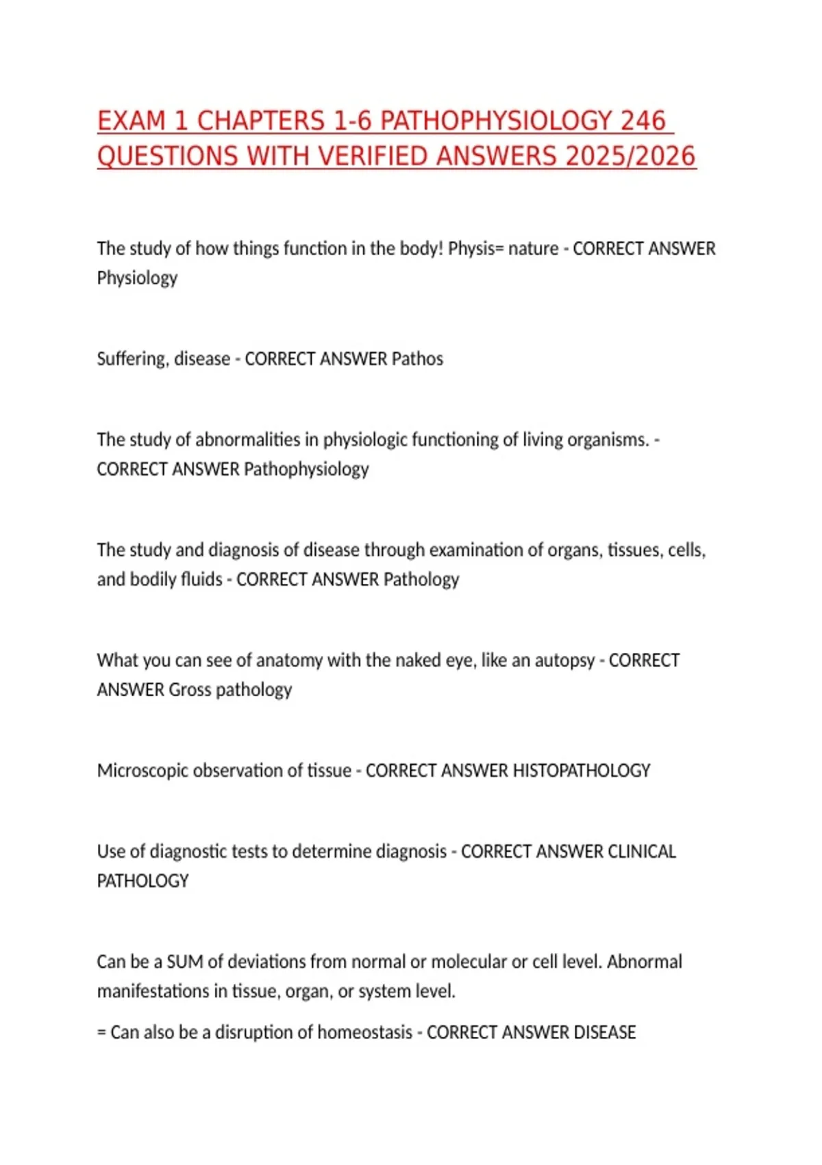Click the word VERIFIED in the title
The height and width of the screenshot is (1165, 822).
tap(373, 156)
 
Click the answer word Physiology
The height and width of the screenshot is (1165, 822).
tap(137, 278)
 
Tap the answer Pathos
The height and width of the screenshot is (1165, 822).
tap(417, 359)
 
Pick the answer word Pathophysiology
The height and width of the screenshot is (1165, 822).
tap(306, 469)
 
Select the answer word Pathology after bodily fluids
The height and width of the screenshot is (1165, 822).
tap(421, 580)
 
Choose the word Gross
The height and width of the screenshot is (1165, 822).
tap(190, 690)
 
